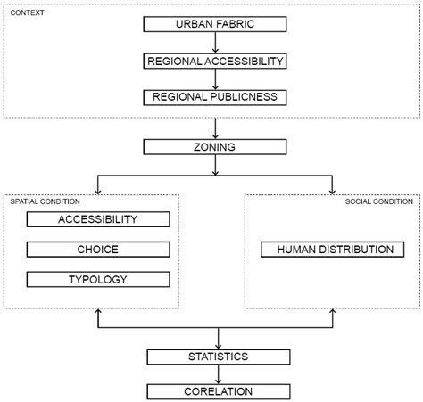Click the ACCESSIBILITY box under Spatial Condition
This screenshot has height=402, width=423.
97,218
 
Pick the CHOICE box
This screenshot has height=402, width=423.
97,249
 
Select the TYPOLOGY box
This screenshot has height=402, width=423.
97,280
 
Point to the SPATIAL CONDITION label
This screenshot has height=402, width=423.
40,201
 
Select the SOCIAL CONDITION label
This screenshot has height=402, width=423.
379,201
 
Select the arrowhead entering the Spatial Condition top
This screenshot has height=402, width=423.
97,188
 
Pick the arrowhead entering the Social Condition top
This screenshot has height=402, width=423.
332,188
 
